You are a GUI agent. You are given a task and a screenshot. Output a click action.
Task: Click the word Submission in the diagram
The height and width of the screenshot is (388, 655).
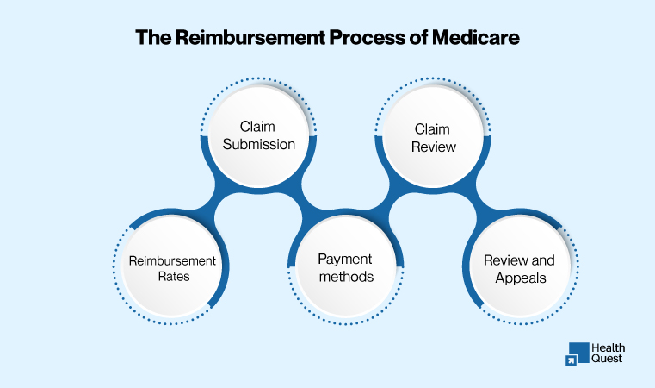pyautogui.click(x=259, y=144)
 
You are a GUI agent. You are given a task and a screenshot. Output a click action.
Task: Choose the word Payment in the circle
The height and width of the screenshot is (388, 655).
pyautogui.click(x=344, y=259)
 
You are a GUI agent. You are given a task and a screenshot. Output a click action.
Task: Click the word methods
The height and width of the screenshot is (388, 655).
pyautogui.click(x=345, y=277)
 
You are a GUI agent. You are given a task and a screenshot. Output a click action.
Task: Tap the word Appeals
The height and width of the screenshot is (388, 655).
pyautogui.click(x=519, y=278)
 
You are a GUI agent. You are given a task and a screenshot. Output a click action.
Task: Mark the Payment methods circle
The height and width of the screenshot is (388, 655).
pyautogui.click(x=345, y=267)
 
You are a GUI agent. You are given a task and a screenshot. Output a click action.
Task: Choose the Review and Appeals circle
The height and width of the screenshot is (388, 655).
pyautogui.click(x=519, y=267)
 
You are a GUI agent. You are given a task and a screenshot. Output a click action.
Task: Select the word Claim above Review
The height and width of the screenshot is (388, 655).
pyautogui.click(x=432, y=128)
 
